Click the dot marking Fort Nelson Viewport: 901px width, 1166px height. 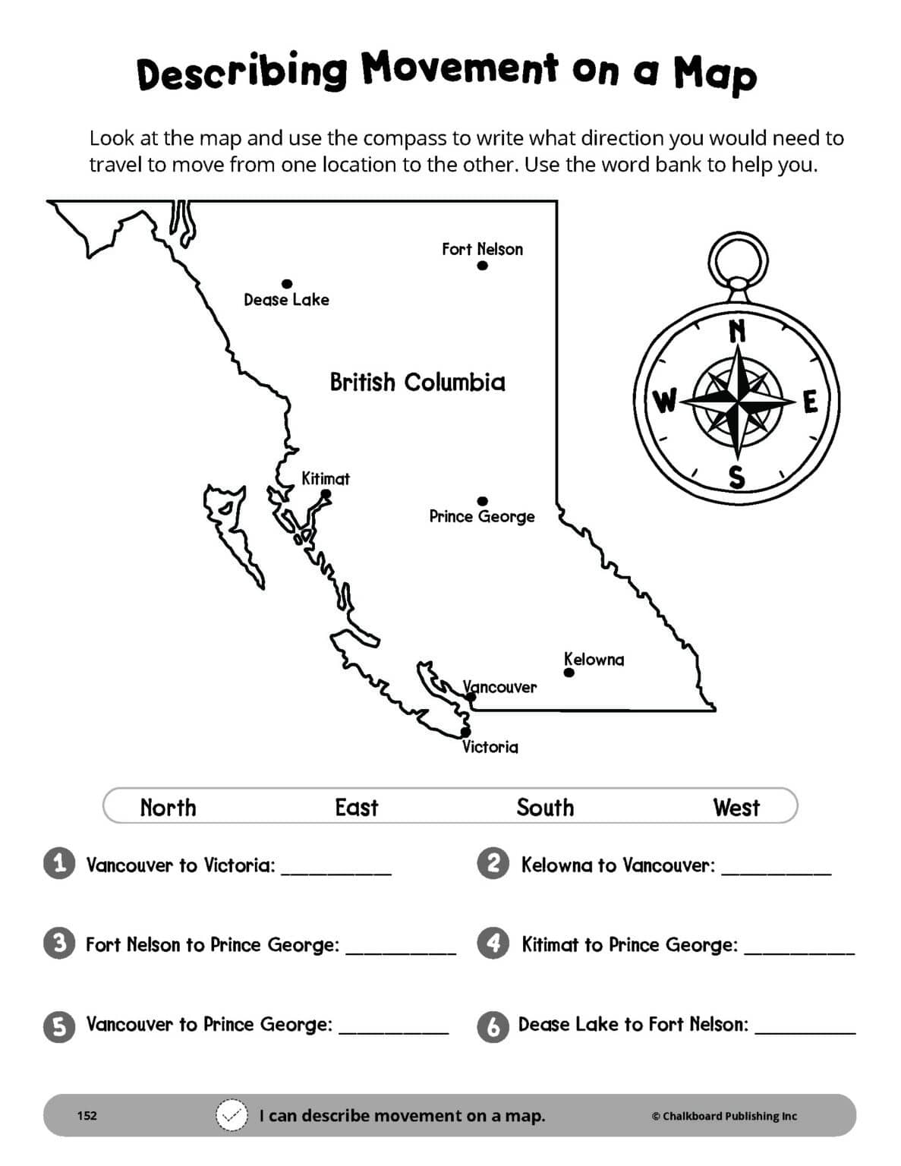click(x=482, y=266)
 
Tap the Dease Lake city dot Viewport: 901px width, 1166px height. click(x=287, y=284)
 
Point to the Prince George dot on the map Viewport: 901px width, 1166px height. click(x=482, y=501)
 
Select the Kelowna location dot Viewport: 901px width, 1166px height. click(x=569, y=673)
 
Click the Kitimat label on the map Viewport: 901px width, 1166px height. click(x=326, y=479)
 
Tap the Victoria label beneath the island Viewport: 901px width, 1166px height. click(x=490, y=747)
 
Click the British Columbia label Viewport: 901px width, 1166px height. click(x=417, y=382)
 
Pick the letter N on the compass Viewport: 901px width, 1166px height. click(x=737, y=331)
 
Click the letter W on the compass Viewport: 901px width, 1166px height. click(x=665, y=400)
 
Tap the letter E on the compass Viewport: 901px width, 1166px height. click(x=810, y=402)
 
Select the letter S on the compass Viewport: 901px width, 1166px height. click(x=736, y=477)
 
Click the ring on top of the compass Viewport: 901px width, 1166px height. click(x=738, y=258)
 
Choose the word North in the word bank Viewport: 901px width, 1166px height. click(x=168, y=807)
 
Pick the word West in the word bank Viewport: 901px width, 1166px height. click(x=736, y=807)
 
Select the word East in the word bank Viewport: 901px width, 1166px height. click(x=356, y=807)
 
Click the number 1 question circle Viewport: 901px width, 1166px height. click(x=59, y=864)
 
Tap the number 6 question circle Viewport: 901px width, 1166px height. click(x=493, y=1026)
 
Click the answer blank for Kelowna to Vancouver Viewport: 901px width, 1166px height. click(x=776, y=869)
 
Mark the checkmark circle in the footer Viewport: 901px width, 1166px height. click(x=232, y=1115)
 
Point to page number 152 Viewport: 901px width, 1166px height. click(x=87, y=1115)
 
